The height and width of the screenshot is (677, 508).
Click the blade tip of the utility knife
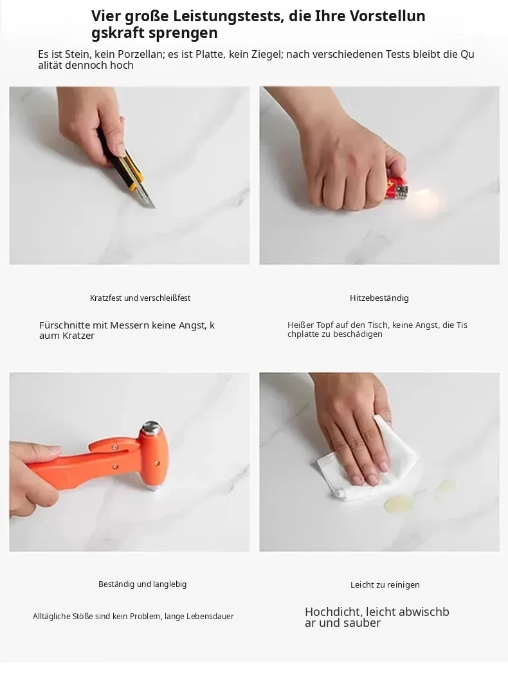154,208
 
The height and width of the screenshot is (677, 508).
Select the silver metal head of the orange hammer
151,429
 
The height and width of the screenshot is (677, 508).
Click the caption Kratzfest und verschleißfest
140,298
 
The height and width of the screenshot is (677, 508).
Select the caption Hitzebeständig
379,298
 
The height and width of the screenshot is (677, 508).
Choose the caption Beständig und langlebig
143,584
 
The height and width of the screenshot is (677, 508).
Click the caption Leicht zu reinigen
385,585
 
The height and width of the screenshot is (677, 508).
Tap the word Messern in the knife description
129,325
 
